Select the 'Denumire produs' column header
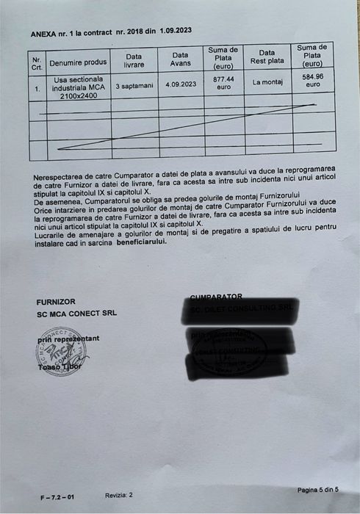(x=78, y=63)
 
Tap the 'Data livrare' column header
(x=134, y=59)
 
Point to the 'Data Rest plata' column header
(x=267, y=57)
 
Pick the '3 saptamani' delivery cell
(x=134, y=87)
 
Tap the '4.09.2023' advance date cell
(x=180, y=85)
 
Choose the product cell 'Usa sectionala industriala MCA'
(x=78, y=87)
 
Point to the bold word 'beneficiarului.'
(x=136, y=242)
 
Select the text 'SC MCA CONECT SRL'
(x=76, y=314)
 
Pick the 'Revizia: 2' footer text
(x=119, y=496)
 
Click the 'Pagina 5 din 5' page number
(x=318, y=489)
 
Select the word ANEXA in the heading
(x=44, y=35)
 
